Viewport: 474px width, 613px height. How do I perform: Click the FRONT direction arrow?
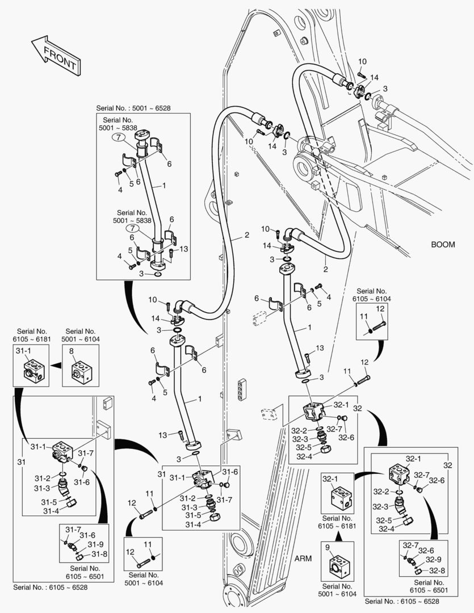(x=54, y=56)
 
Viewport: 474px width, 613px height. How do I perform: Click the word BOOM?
(x=443, y=245)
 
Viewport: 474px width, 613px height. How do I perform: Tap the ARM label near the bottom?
(x=303, y=558)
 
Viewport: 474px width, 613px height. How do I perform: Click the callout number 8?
(x=72, y=352)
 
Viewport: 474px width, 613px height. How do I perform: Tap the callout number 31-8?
(x=99, y=554)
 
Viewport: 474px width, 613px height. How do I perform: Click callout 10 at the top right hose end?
(x=363, y=61)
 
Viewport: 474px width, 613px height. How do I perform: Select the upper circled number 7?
(x=116, y=137)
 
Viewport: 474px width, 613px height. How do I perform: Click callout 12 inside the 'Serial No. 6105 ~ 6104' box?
(x=380, y=309)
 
